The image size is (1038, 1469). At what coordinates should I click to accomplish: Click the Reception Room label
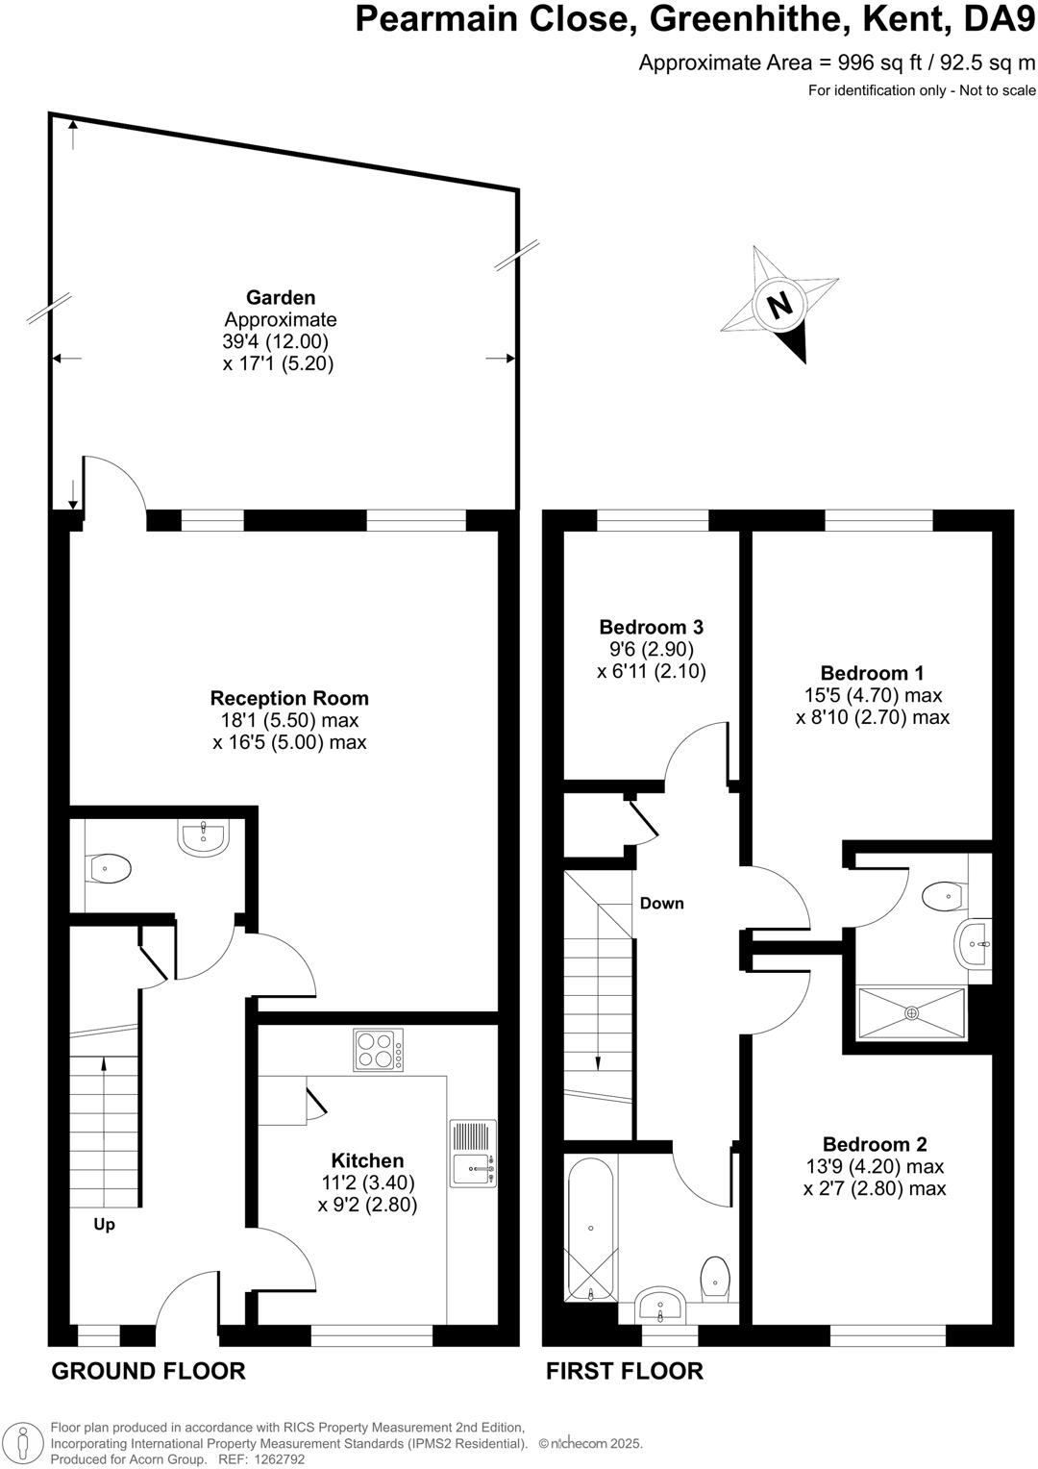coord(289,699)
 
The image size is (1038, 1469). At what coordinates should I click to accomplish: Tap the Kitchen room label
coord(367,1160)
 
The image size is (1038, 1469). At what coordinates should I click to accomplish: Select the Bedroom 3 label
coord(651,627)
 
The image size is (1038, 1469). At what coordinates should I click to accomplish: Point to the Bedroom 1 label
coord(872,673)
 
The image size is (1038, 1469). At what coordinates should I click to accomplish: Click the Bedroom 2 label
coord(875,1144)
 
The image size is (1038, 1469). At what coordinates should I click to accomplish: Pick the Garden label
coord(280,298)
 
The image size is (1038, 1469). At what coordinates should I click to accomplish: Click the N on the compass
coord(779,305)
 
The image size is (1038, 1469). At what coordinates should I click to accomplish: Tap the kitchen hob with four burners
coord(379,1050)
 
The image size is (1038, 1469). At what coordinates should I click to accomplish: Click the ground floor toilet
coord(110,869)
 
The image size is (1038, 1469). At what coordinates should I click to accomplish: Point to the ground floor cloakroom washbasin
coord(203,837)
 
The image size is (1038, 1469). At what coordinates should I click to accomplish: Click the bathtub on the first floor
coord(590,1230)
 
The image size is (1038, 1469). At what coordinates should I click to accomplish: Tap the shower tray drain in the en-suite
coord(911,1012)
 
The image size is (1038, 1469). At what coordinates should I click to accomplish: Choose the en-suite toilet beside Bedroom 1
coord(943,896)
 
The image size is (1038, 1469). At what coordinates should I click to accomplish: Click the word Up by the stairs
coord(104,1225)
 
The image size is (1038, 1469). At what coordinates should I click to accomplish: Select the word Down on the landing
coord(662,903)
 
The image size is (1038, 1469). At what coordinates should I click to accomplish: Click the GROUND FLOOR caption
coord(148,1371)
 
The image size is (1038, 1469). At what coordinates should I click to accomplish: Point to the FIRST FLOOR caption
coord(625,1371)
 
